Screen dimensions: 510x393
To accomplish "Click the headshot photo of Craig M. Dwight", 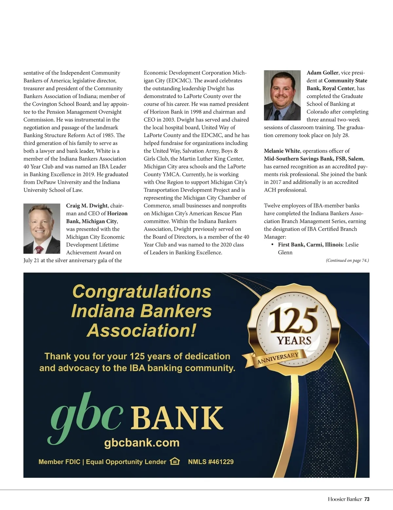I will (x=42, y=228).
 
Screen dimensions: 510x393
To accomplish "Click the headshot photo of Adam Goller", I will (x=282, y=95).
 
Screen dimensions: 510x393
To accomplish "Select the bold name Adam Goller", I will (x=323, y=73).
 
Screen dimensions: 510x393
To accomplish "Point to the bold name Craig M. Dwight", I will (x=87, y=206).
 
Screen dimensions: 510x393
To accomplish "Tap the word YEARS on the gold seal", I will (x=294, y=340).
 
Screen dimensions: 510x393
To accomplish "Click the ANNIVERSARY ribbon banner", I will (x=278, y=358).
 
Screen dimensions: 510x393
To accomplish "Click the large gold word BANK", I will (x=178, y=418).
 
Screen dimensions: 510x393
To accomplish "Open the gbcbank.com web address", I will (x=142, y=443).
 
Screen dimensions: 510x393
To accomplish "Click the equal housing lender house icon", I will (x=175, y=462).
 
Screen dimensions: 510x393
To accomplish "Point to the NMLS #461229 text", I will (x=211, y=462).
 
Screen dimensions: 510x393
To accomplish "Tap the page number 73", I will (x=367, y=499).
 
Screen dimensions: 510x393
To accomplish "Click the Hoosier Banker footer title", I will (x=345, y=499).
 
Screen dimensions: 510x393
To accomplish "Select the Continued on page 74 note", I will (x=347, y=261).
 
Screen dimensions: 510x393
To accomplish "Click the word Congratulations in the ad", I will (x=142, y=291).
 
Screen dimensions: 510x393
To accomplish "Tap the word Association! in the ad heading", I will (x=141, y=330).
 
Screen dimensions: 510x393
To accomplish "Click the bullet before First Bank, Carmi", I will (x=272, y=245).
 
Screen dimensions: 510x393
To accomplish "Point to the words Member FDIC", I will (x=59, y=462).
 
